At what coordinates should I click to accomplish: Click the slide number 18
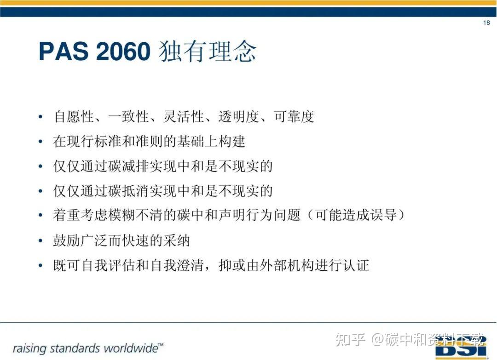tap(486, 23)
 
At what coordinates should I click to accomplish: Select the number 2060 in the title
tap(123, 51)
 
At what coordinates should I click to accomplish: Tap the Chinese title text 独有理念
tap(207, 51)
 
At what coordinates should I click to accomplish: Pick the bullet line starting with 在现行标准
tap(149, 141)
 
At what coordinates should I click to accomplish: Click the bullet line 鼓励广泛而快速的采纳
tap(121, 240)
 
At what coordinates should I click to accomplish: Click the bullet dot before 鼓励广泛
tap(41, 241)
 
